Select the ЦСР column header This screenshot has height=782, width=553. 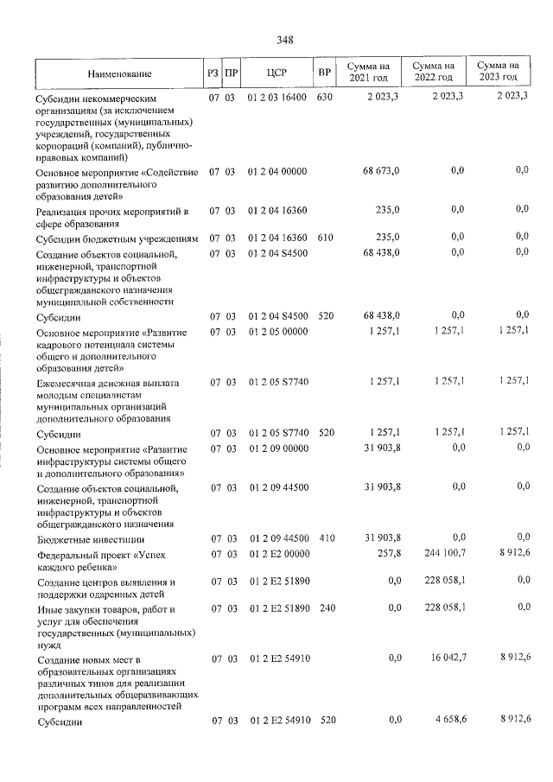[276, 73]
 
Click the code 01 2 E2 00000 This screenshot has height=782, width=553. [276, 553]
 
